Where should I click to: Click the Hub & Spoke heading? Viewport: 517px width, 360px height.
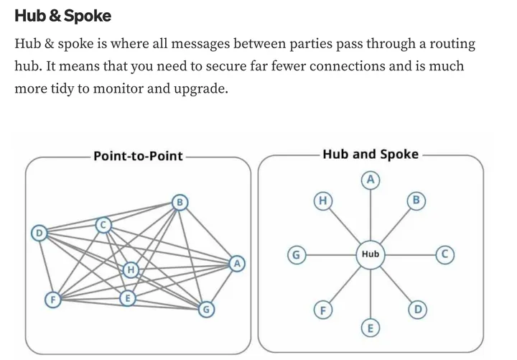(62, 15)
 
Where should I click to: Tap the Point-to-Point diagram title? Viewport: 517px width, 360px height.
(138, 155)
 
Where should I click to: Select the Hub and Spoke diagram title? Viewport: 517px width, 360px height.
(371, 154)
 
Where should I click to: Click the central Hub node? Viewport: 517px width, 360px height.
(371, 254)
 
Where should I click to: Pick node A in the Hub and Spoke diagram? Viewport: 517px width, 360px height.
(371, 179)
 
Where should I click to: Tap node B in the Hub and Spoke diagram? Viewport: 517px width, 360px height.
(416, 200)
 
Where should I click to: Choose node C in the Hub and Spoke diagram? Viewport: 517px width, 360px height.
(446, 254)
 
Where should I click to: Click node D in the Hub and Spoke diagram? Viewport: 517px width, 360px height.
(417, 310)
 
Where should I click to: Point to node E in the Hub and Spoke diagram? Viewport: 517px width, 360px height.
(371, 329)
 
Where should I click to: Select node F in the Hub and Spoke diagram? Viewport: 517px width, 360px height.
(323, 310)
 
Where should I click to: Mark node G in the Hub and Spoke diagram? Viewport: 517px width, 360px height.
(294, 254)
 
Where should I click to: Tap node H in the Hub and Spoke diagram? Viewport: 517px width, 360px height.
(323, 200)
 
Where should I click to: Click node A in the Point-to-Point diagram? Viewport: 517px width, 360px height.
(236, 264)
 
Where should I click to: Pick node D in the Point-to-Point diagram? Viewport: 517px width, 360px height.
(40, 233)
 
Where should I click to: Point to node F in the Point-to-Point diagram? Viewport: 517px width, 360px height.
(52, 299)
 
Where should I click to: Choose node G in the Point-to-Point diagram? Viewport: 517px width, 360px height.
(206, 310)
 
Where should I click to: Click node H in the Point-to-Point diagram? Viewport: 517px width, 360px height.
(131, 270)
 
